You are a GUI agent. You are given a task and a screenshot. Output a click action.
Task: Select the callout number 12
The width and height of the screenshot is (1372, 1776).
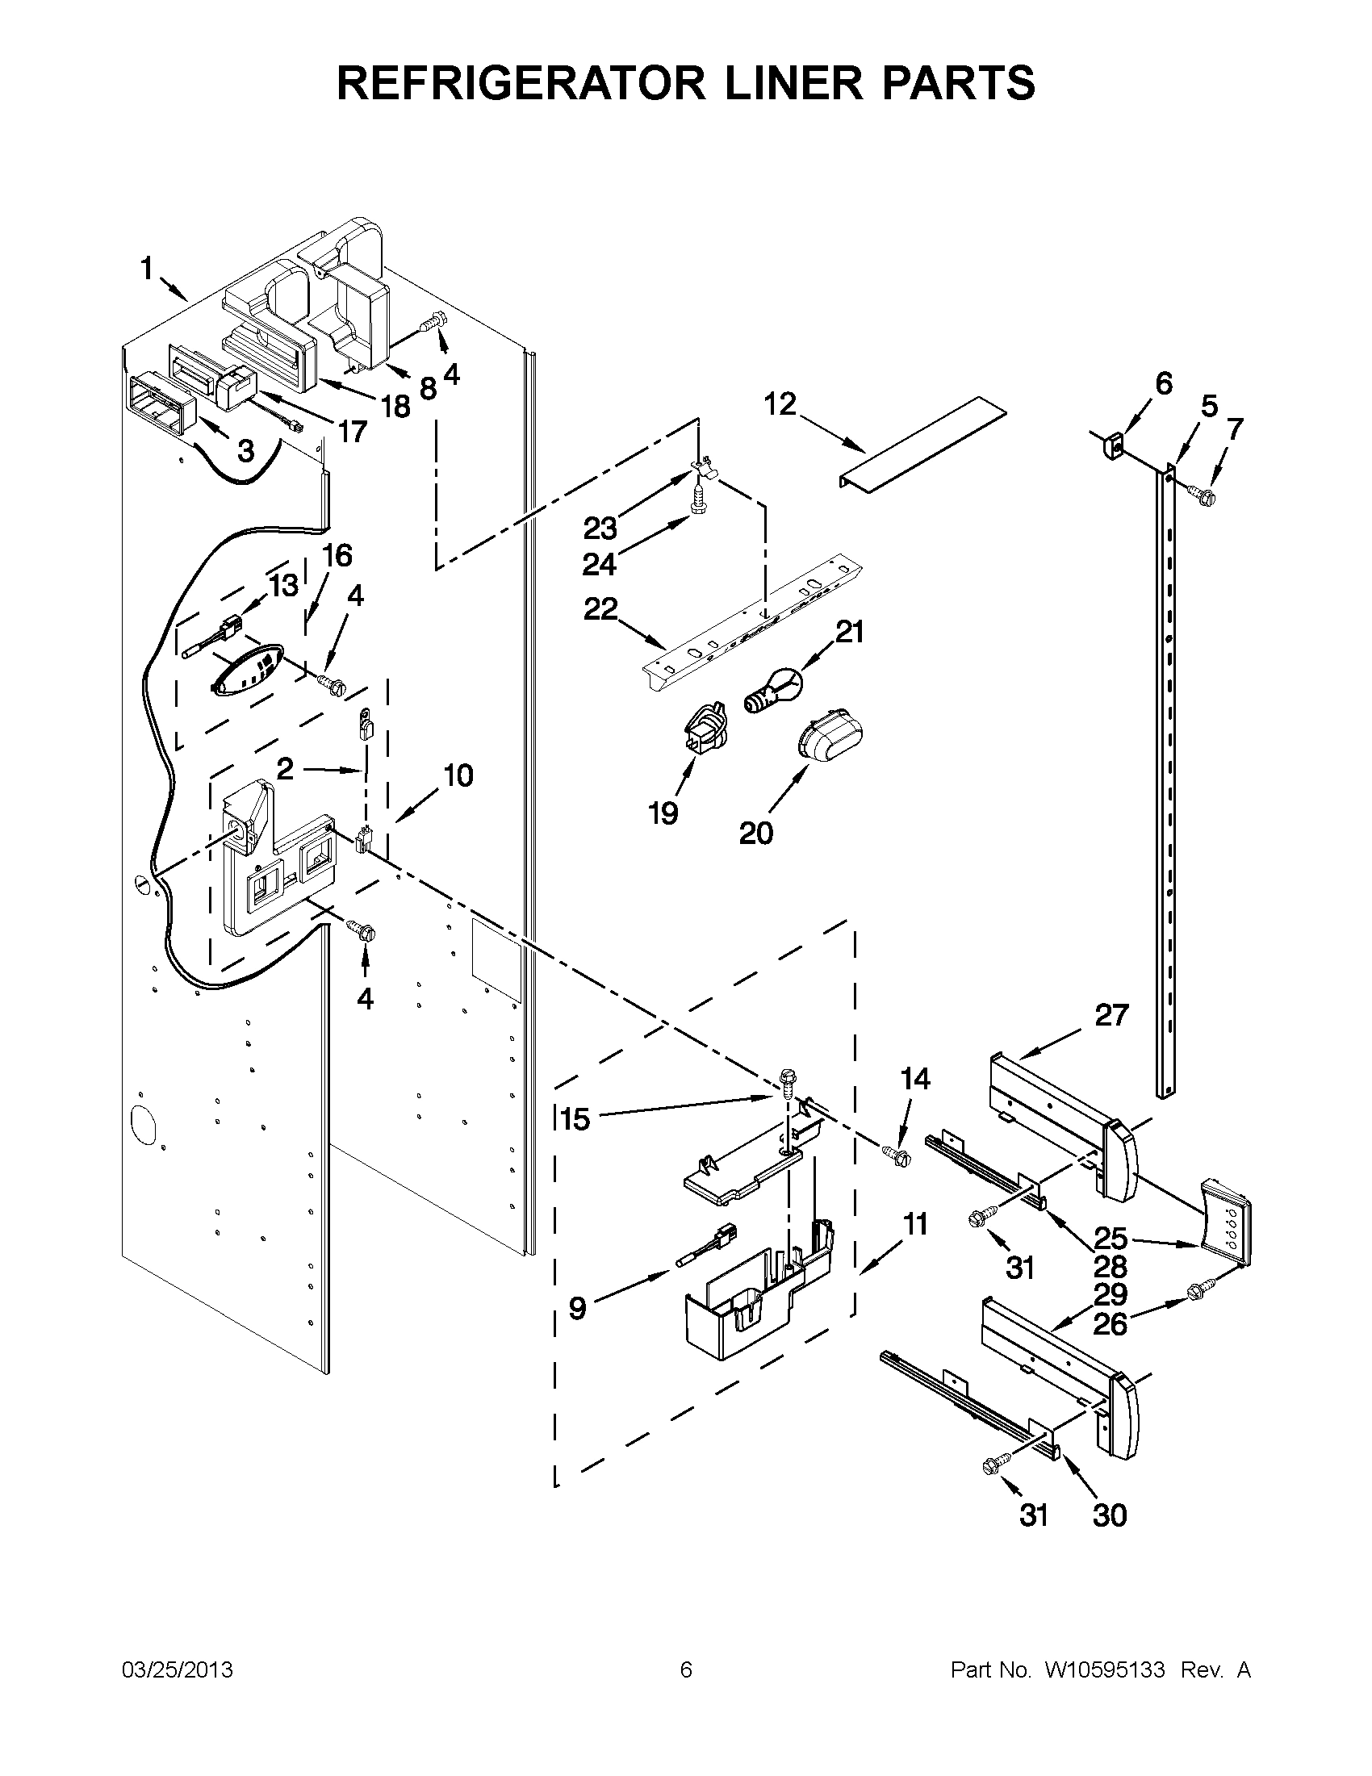[780, 404]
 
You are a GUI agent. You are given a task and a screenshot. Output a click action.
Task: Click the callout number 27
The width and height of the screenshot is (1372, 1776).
[1112, 1015]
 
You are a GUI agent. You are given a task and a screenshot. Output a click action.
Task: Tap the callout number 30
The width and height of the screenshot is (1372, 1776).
[1111, 1515]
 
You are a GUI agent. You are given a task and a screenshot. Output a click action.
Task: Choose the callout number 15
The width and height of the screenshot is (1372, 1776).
[575, 1119]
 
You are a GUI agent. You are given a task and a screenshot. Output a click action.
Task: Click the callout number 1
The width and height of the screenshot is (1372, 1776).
[146, 269]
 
